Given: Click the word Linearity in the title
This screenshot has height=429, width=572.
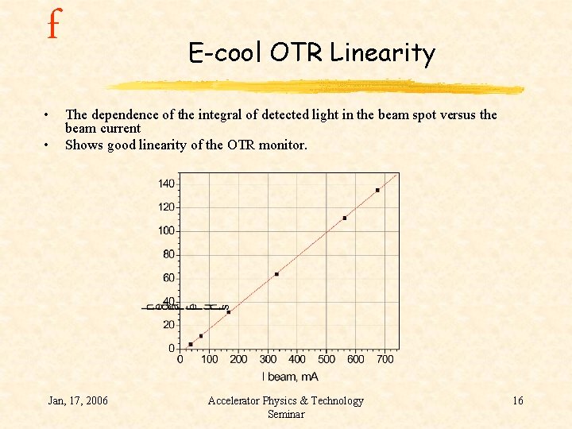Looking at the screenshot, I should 383,53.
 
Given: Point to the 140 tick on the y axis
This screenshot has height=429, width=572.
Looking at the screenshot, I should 166,184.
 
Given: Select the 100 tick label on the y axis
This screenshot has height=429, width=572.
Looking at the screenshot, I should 166,230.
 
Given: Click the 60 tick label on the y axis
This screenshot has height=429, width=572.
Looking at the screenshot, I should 168,277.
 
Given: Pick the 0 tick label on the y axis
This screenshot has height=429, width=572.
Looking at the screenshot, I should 171,348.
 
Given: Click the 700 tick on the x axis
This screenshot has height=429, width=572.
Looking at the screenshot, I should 385,359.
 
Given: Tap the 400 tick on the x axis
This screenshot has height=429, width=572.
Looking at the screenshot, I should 296,359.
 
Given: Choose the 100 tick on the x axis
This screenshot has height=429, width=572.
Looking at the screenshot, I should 209,359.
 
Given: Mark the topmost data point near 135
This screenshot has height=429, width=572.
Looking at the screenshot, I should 377,190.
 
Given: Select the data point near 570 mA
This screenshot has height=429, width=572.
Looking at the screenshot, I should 345,218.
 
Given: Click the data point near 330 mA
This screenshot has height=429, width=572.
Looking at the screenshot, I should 276,274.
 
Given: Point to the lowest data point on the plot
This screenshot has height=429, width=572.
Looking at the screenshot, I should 191,344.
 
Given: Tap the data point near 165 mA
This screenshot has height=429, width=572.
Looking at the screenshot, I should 229,312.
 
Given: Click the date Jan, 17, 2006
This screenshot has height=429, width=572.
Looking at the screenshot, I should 78,400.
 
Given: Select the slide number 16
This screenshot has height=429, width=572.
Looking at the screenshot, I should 517,400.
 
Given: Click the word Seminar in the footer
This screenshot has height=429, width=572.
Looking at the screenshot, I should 286,414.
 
